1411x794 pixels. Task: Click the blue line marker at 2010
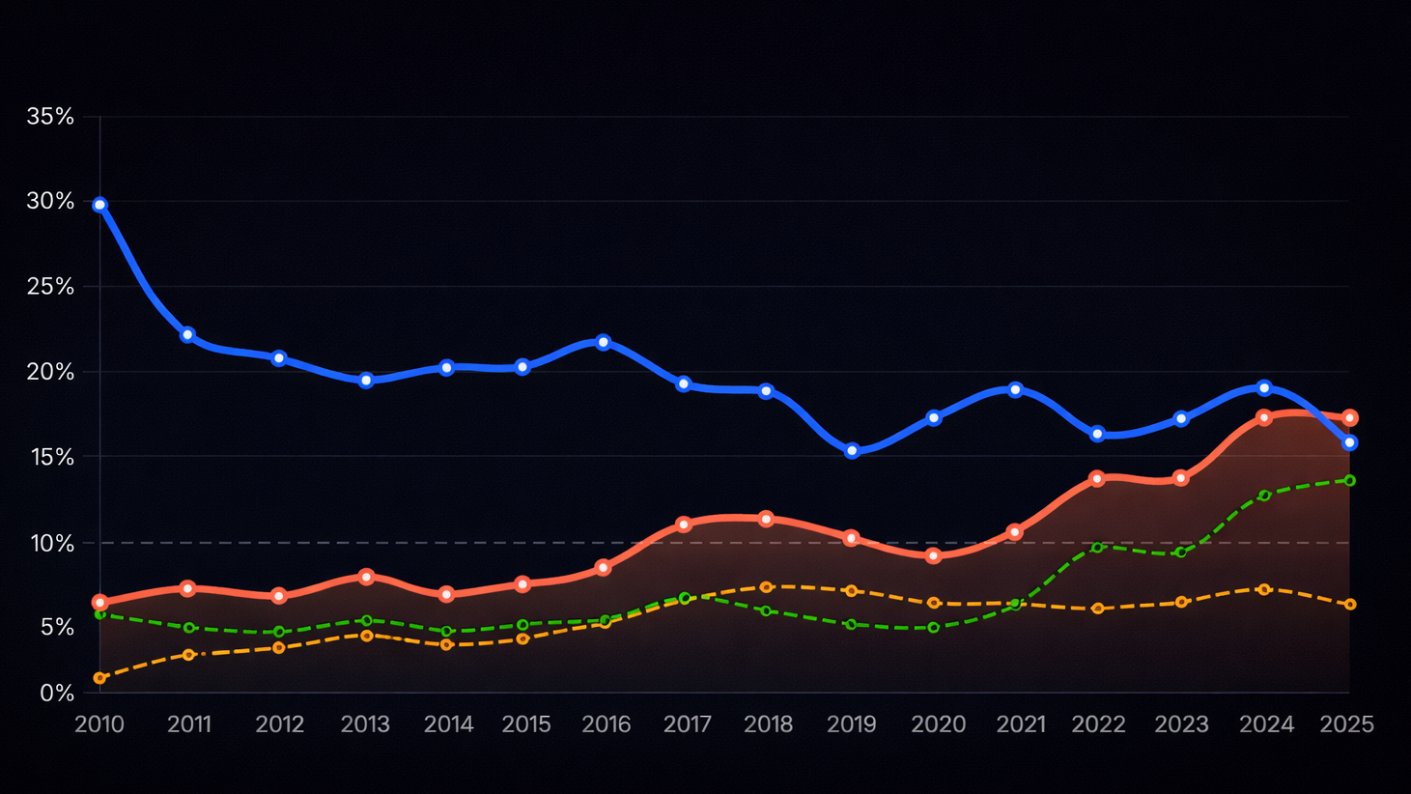pos(99,205)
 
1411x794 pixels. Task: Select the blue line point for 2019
pos(852,451)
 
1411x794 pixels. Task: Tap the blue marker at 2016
pos(604,342)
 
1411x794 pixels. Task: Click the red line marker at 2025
pos(1350,418)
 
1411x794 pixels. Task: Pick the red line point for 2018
pos(766,519)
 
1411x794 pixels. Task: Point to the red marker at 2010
pos(99,602)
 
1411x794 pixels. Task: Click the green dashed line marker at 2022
pos(1097,548)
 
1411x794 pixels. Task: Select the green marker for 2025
pos(1350,480)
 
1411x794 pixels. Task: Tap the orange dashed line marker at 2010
pos(99,678)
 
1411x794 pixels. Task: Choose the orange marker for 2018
pos(766,587)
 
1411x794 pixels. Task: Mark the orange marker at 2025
pos(1350,605)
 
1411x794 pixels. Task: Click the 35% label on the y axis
pos(50,117)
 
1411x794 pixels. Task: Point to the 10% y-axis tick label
pos(52,543)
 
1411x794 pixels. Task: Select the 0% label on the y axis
pos(57,693)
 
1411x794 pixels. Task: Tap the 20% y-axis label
pos(50,372)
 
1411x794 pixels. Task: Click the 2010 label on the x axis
pos(99,724)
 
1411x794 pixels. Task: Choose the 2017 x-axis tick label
pos(688,724)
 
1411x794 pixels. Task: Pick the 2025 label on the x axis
pos(1346,724)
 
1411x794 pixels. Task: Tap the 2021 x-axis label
pos(1021,724)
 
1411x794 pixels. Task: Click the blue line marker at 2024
pos(1264,387)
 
